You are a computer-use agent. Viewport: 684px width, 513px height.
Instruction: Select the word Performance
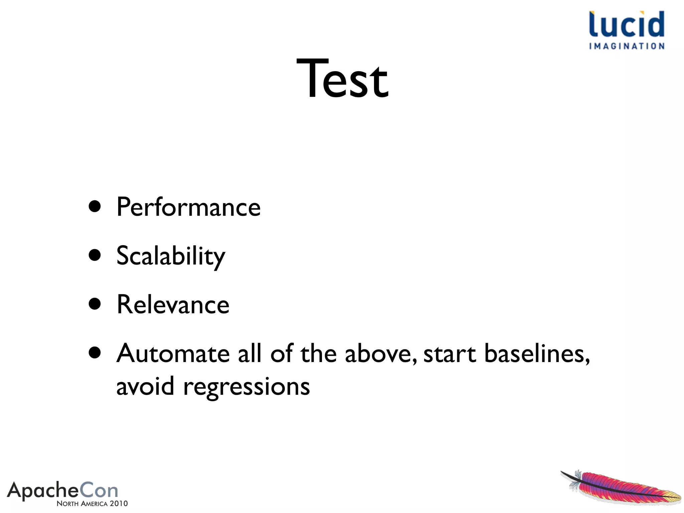tap(188, 207)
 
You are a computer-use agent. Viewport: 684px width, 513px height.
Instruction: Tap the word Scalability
tap(171, 256)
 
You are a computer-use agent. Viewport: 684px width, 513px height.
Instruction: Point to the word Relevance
tap(173, 305)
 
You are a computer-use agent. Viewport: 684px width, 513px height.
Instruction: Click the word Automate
tap(173, 353)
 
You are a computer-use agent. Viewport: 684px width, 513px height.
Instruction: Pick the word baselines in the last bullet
tap(536, 353)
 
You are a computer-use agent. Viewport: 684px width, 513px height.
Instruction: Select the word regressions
tap(246, 387)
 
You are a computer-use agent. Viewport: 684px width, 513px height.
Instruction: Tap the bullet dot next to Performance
tap(95, 206)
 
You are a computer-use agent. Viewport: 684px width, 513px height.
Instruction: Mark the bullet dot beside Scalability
tap(95, 255)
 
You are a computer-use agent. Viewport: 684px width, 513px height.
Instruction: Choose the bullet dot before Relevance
tap(95, 304)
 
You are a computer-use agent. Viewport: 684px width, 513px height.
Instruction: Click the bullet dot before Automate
tap(95, 353)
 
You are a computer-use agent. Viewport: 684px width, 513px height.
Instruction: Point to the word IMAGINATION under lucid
tap(627, 46)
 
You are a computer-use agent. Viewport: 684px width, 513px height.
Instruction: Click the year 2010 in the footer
tap(119, 504)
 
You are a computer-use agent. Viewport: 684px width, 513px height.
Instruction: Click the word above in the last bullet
tap(380, 353)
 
